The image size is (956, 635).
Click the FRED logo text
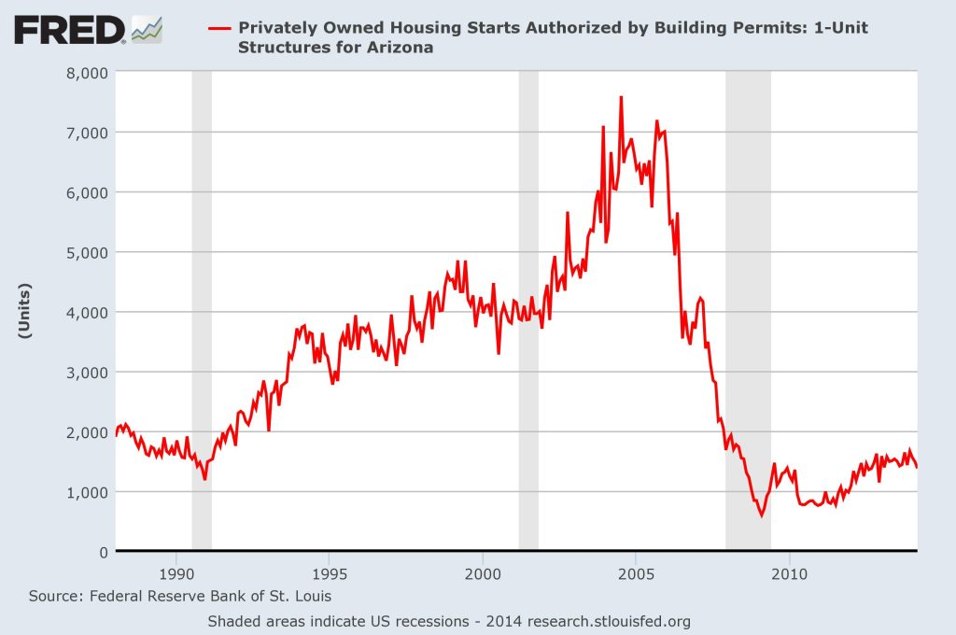coord(69,30)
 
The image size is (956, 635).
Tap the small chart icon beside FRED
coord(147,29)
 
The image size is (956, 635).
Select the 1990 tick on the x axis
coord(176,571)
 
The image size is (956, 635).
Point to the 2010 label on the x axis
coord(789,571)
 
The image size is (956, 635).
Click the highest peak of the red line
coord(621,97)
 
